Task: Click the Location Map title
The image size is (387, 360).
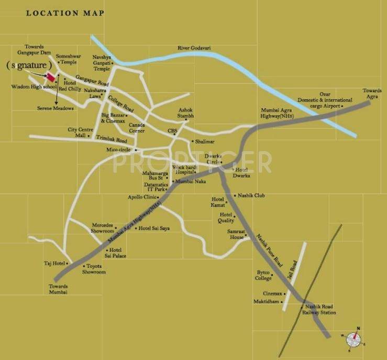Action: point(65,13)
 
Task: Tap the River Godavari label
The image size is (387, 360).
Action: point(194,48)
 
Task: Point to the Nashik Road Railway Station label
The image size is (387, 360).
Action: point(318,309)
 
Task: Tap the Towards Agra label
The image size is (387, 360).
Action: point(372,94)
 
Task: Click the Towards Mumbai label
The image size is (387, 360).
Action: point(59,289)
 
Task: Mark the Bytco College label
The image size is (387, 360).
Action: point(264,275)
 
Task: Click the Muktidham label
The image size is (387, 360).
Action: point(269,301)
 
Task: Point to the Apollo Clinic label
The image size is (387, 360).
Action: point(142,197)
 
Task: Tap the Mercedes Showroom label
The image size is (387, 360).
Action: point(103,228)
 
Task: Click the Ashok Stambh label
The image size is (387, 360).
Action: point(185,113)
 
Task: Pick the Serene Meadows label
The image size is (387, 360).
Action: point(55,108)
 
